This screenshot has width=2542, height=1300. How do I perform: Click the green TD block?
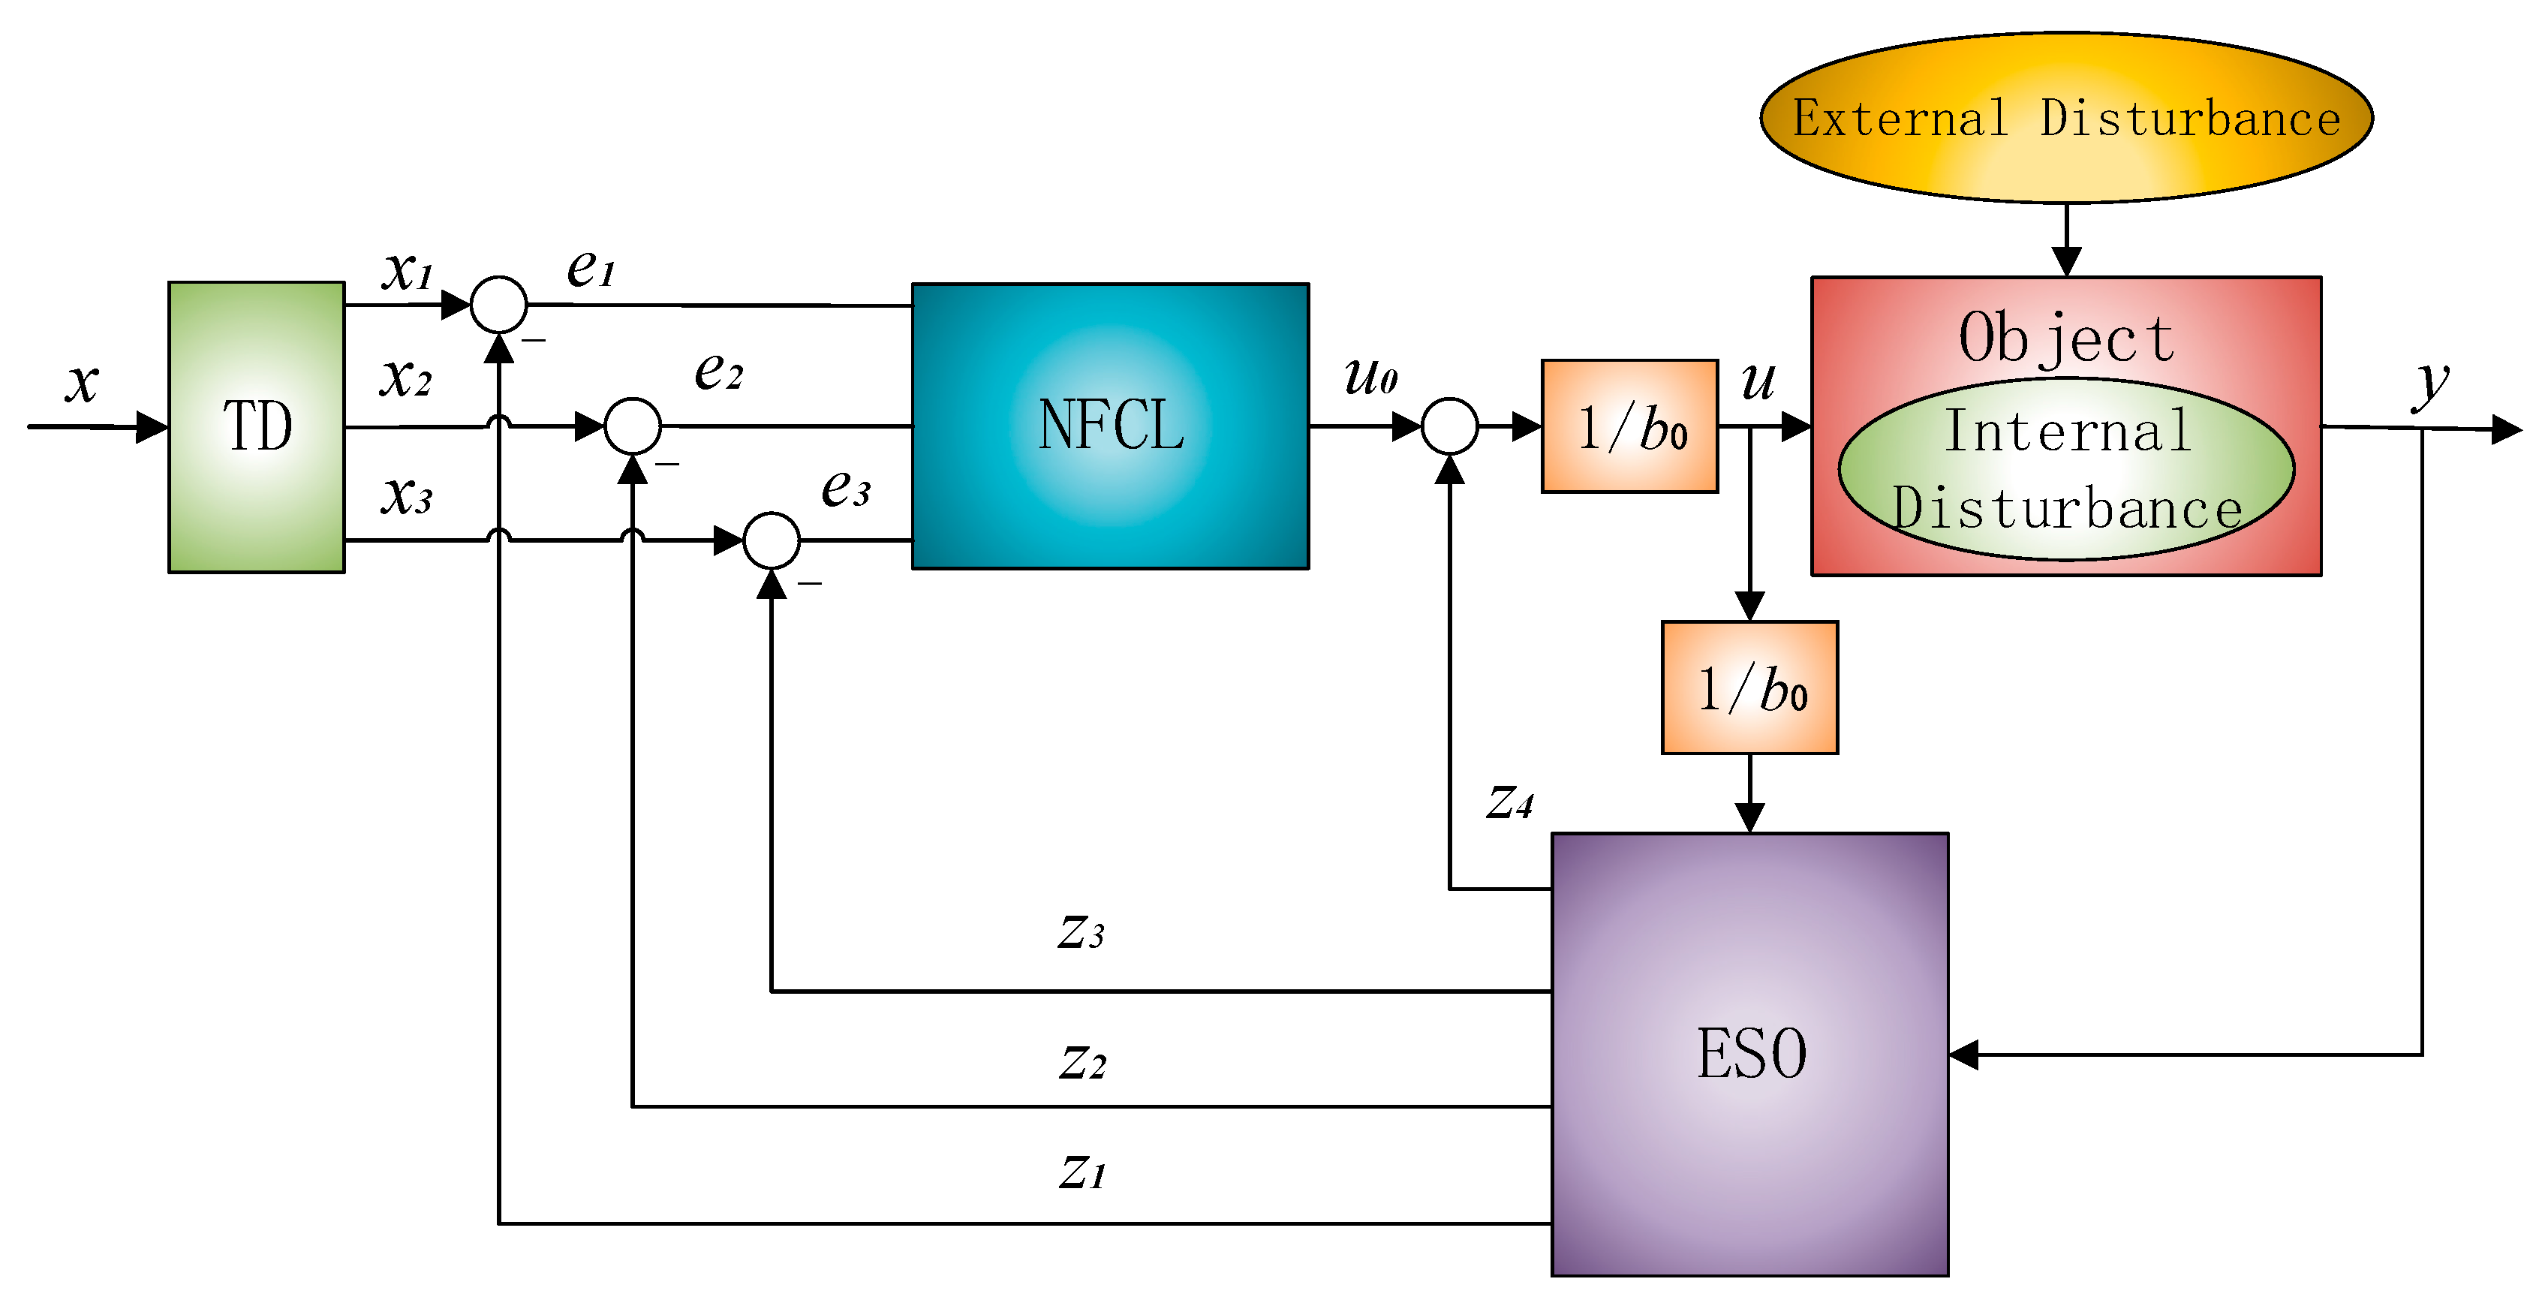click(257, 426)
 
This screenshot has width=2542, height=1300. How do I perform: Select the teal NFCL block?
click(1110, 426)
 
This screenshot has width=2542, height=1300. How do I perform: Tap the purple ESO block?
click(1749, 1055)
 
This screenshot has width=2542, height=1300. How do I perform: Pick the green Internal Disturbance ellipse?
click(2066, 470)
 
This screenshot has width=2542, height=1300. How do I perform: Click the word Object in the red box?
click(2066, 338)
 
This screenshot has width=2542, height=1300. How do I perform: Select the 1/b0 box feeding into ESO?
click(1749, 688)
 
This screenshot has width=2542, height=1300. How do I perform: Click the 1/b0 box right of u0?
click(1629, 426)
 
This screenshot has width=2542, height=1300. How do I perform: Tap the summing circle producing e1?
click(499, 305)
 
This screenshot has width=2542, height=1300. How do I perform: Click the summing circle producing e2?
click(633, 426)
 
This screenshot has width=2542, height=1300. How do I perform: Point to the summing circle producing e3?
click(771, 541)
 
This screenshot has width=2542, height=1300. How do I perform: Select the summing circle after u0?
click(1449, 426)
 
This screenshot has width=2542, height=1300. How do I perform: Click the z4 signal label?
click(1510, 802)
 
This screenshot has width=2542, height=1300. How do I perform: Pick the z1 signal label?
click(1082, 1172)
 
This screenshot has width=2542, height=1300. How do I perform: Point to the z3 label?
click(1081, 931)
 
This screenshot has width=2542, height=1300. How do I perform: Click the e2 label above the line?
click(718, 372)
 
